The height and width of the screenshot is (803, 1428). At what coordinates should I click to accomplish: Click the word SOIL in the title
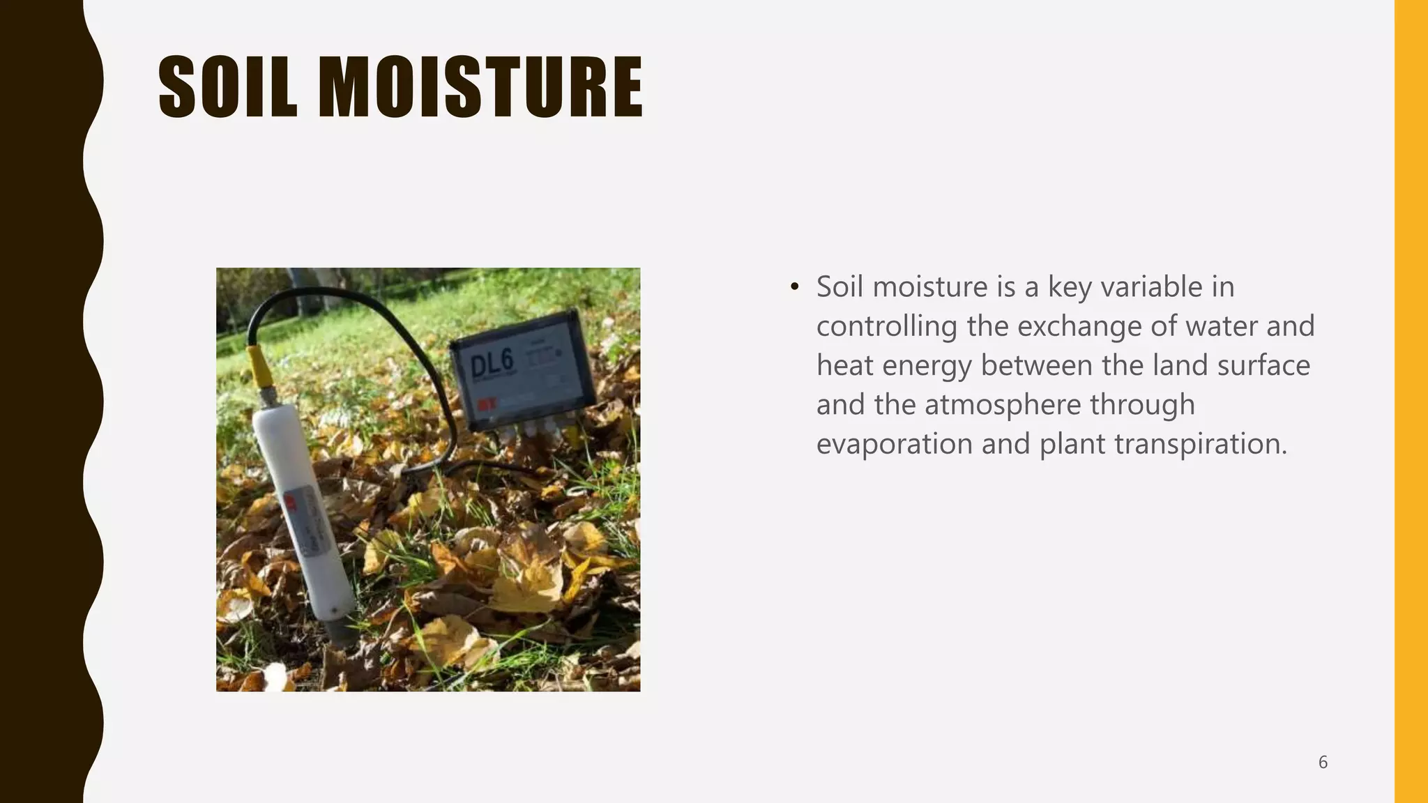click(228, 87)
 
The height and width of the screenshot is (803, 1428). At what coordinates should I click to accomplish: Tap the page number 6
click(1323, 763)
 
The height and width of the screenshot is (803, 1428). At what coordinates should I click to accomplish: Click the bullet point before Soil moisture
click(794, 287)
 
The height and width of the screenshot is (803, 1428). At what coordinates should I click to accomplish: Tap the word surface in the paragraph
click(1263, 366)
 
